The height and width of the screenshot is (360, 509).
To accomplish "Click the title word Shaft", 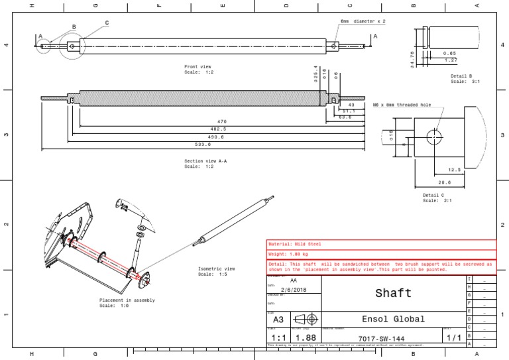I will click(x=393, y=293).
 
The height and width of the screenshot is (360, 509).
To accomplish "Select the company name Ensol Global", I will click(x=393, y=319).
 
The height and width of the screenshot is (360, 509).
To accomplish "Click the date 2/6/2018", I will click(x=294, y=290).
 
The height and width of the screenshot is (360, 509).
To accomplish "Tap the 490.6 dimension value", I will click(x=216, y=137).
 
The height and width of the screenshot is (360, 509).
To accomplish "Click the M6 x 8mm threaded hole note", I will click(x=402, y=104).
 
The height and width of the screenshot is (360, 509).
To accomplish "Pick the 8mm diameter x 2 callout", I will click(x=363, y=21).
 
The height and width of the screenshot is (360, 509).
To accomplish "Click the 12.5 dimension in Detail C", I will click(x=454, y=169).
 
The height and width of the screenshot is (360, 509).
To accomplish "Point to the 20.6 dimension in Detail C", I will click(x=445, y=182).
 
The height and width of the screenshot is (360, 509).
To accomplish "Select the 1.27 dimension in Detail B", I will click(x=451, y=60).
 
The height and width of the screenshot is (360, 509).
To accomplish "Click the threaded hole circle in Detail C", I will click(x=434, y=137).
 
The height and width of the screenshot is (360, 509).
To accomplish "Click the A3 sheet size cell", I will click(x=278, y=320).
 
